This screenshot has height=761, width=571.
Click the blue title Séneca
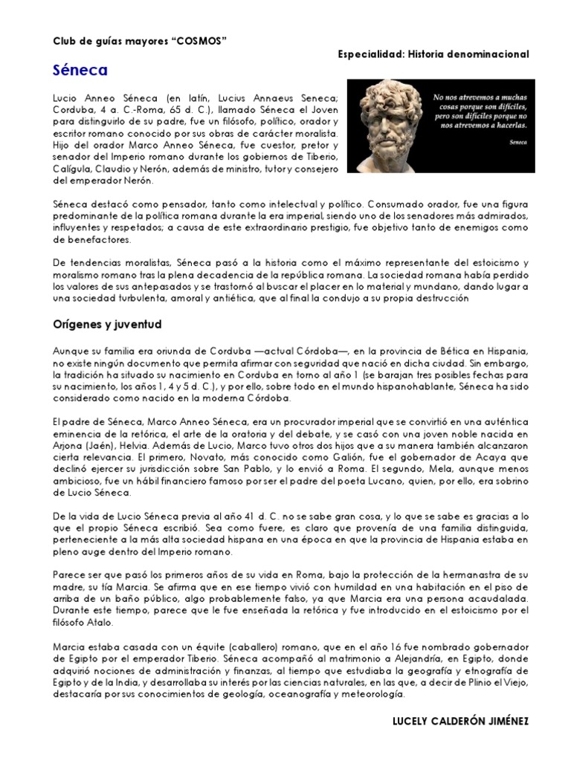tap(80, 71)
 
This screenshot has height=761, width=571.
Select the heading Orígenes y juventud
tap(108, 325)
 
